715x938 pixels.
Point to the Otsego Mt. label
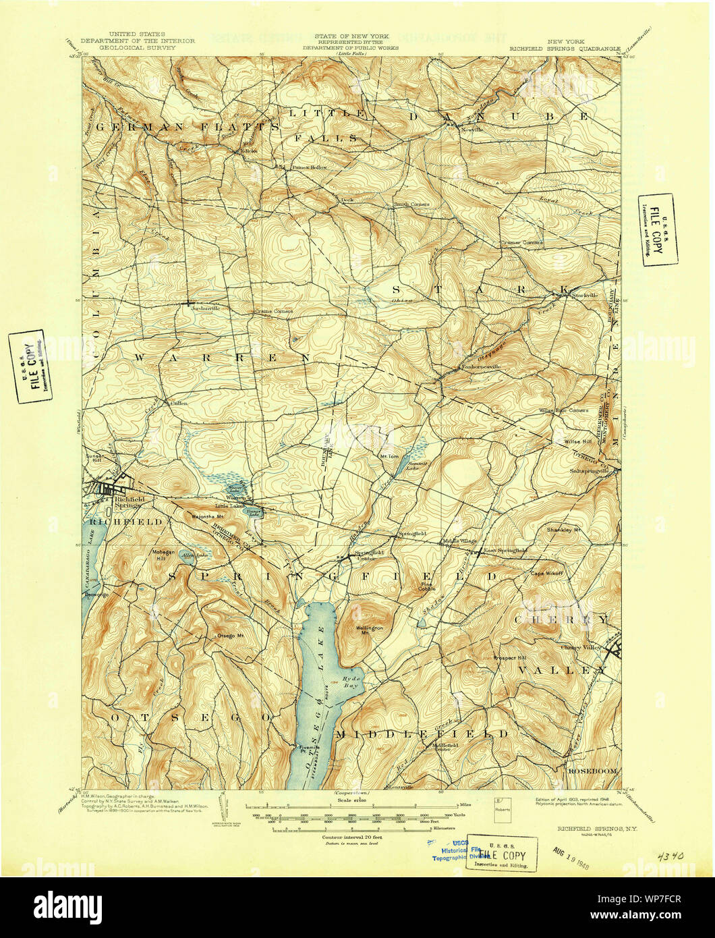point(229,636)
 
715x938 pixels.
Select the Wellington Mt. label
point(369,630)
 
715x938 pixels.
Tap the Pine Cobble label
point(427,586)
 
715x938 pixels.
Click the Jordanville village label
point(206,308)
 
